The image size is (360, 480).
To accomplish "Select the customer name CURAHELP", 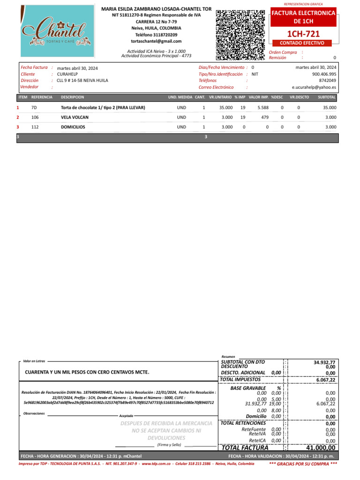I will point(67,74).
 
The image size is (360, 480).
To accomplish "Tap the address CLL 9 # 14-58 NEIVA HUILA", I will point(82,81).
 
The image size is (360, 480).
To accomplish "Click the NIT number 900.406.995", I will point(324,74).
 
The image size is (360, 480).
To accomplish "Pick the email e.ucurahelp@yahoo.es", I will point(314,87).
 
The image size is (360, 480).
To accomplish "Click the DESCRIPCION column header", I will point(73,97).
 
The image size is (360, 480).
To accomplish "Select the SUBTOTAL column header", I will point(327,97).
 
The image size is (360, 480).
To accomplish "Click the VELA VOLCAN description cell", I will point(75,117).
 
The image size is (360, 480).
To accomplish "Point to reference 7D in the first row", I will point(34,108).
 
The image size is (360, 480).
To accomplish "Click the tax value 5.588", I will point(263,108).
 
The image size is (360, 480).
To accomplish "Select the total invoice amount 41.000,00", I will point(319,448).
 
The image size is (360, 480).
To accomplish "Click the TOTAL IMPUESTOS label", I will point(240,379).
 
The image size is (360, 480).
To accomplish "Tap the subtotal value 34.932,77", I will point(324,362).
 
